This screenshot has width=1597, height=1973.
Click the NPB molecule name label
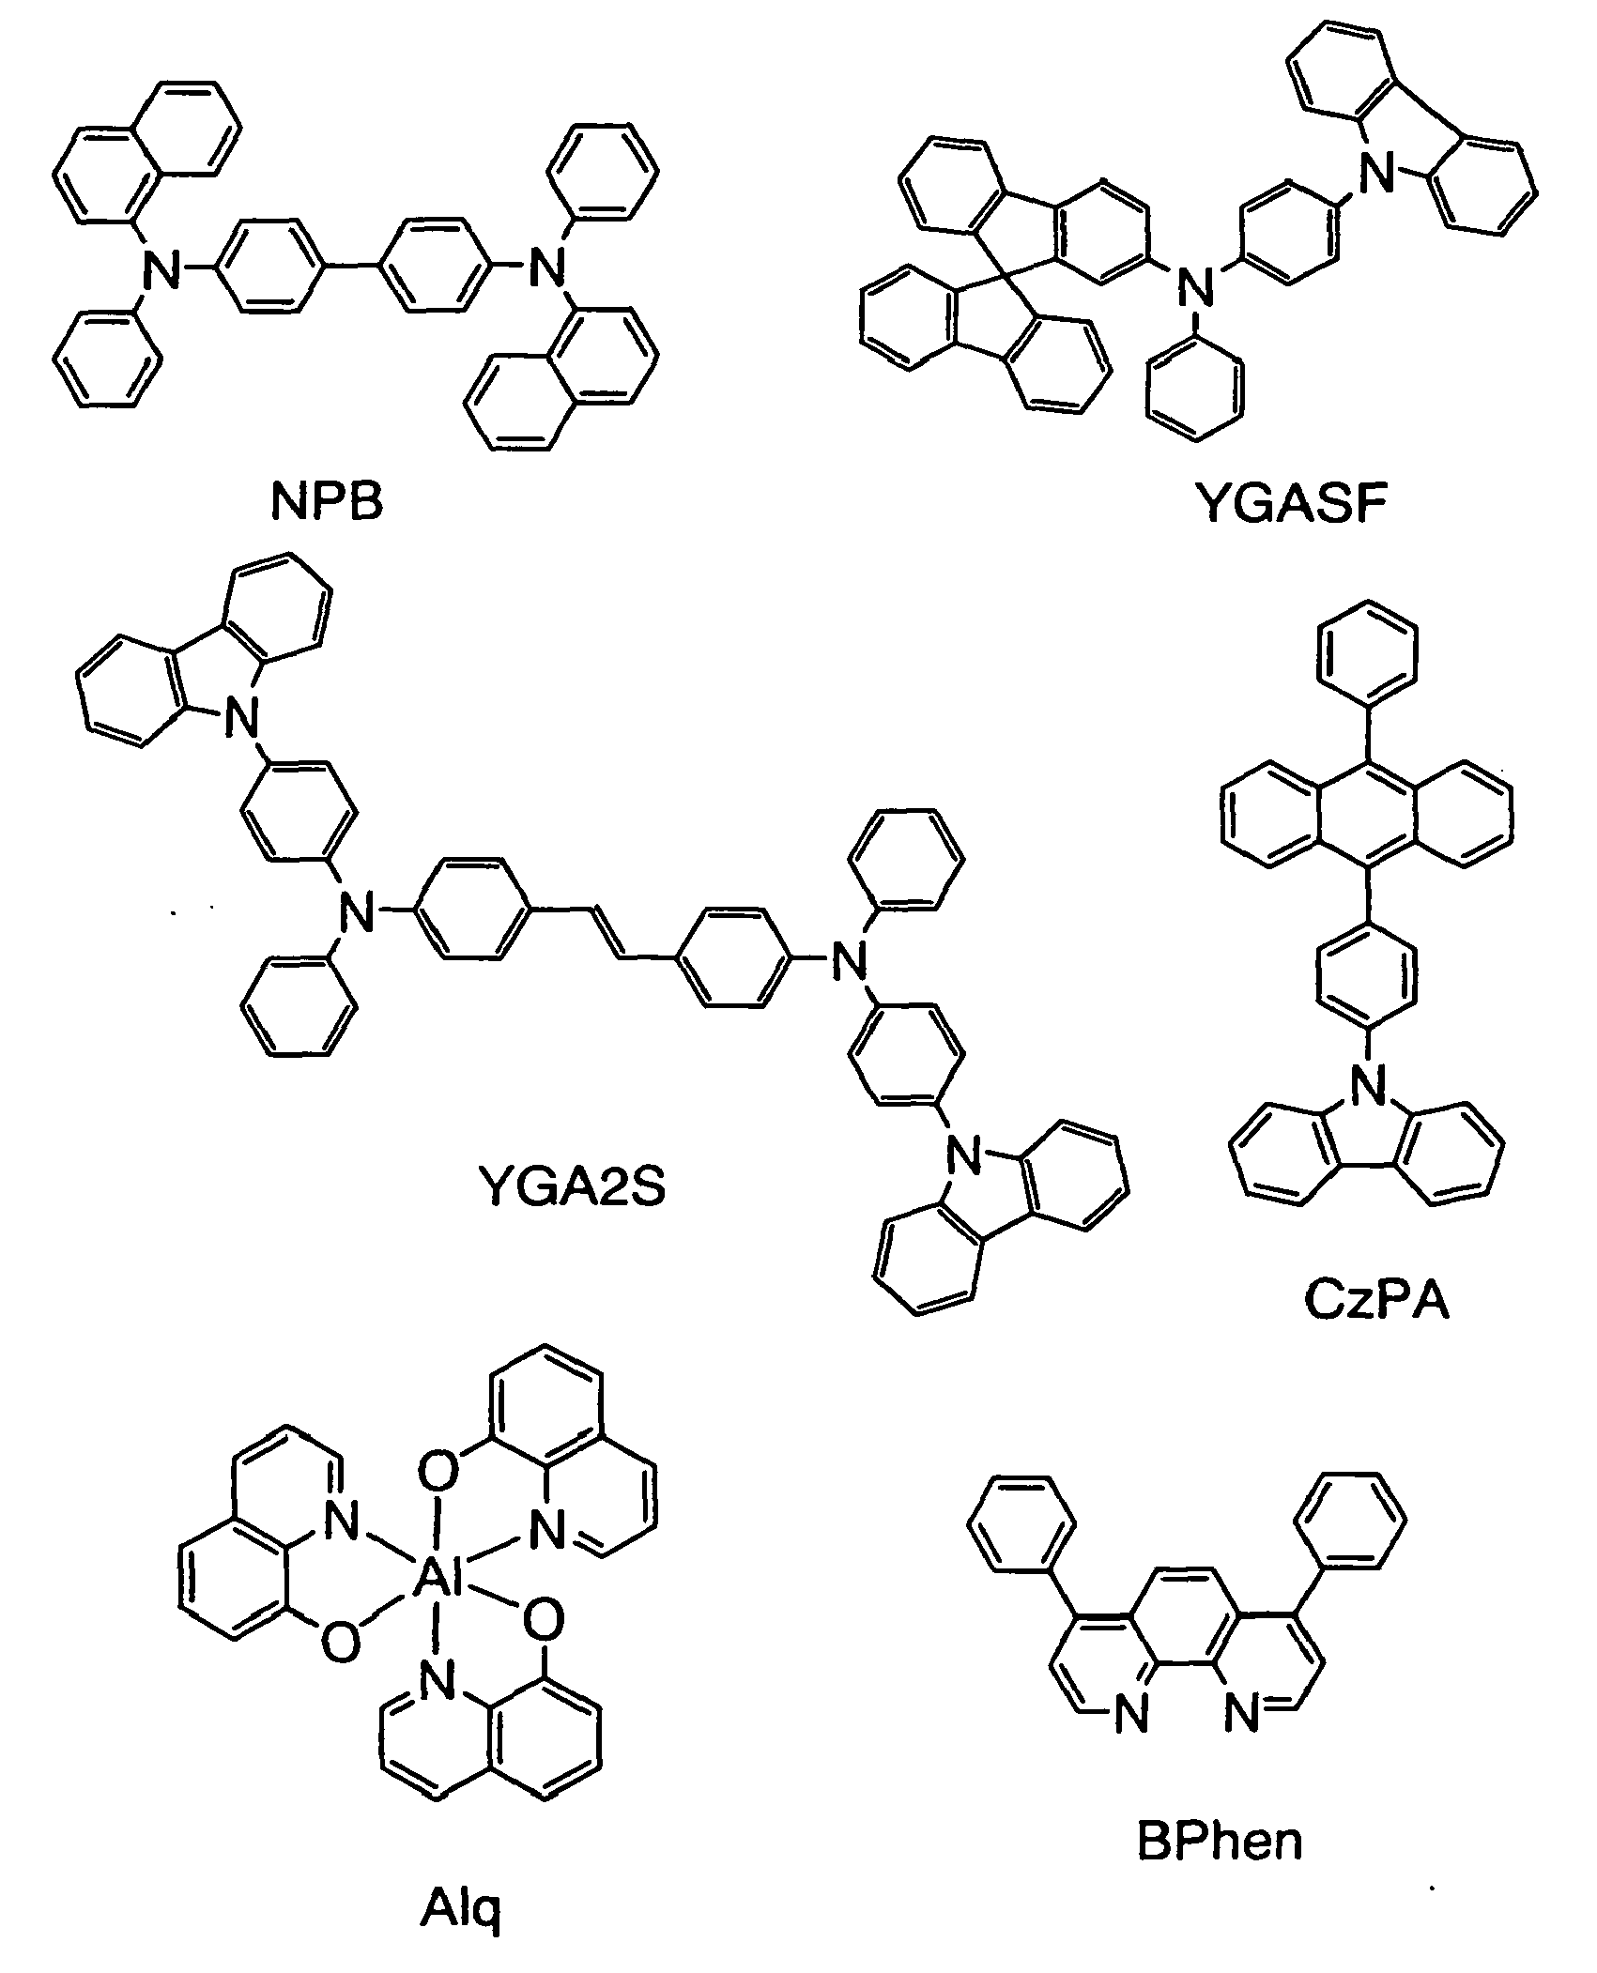coord(328,502)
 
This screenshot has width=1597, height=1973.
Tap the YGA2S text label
coord(571,1187)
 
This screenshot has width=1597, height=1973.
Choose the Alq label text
coord(460,1905)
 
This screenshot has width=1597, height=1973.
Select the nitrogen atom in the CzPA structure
coord(1366,1090)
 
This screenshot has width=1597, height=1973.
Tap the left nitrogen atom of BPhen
coord(1132,1716)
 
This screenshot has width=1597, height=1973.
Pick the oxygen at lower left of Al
coord(340,1643)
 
